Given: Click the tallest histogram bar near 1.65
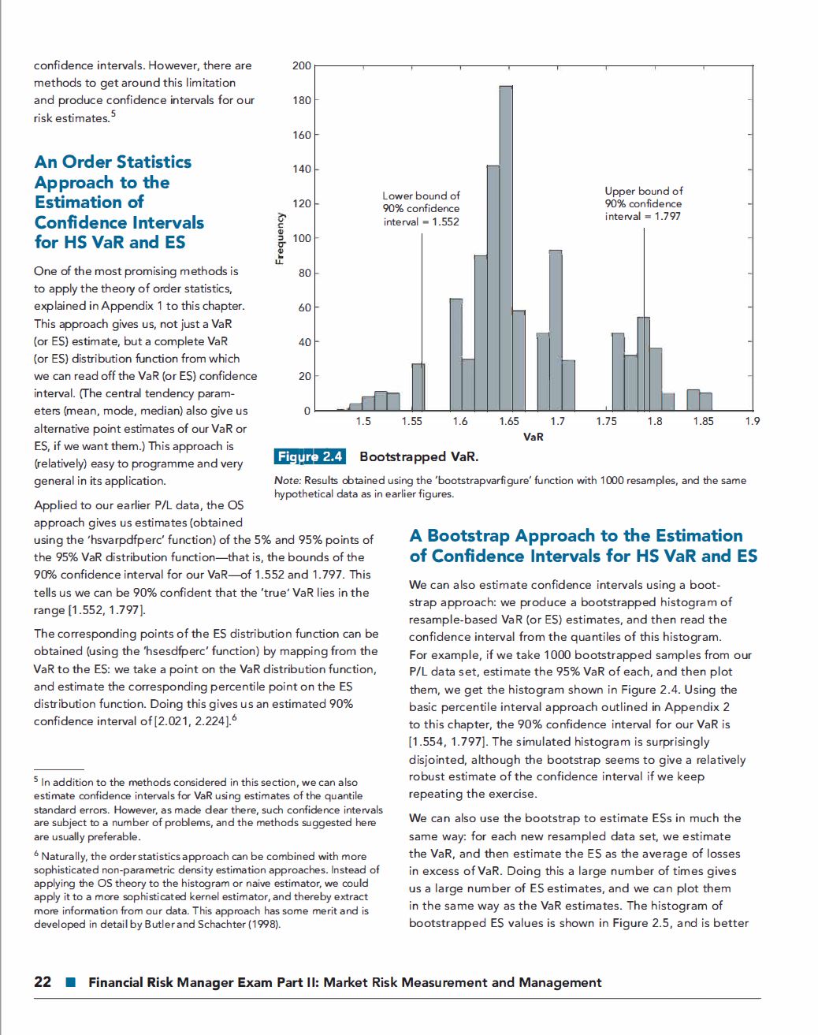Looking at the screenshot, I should [x=506, y=248].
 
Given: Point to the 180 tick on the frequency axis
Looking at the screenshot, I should [x=302, y=100].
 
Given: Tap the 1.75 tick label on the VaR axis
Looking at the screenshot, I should [x=606, y=422].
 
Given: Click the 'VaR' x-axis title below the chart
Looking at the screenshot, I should [x=533, y=436].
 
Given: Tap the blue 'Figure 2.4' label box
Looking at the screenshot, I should [x=310, y=456].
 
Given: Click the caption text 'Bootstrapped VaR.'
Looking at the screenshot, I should [x=418, y=456].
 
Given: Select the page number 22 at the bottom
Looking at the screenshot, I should [x=43, y=982].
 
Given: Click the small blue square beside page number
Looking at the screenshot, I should [x=70, y=983].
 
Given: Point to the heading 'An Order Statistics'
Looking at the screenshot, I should [x=113, y=162].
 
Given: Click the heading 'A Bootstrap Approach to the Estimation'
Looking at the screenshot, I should [x=575, y=536].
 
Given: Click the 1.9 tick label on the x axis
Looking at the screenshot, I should [x=752, y=422].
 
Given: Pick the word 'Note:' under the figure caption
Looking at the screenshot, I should [x=287, y=480].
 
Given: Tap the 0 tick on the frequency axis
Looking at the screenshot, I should [x=307, y=411].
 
